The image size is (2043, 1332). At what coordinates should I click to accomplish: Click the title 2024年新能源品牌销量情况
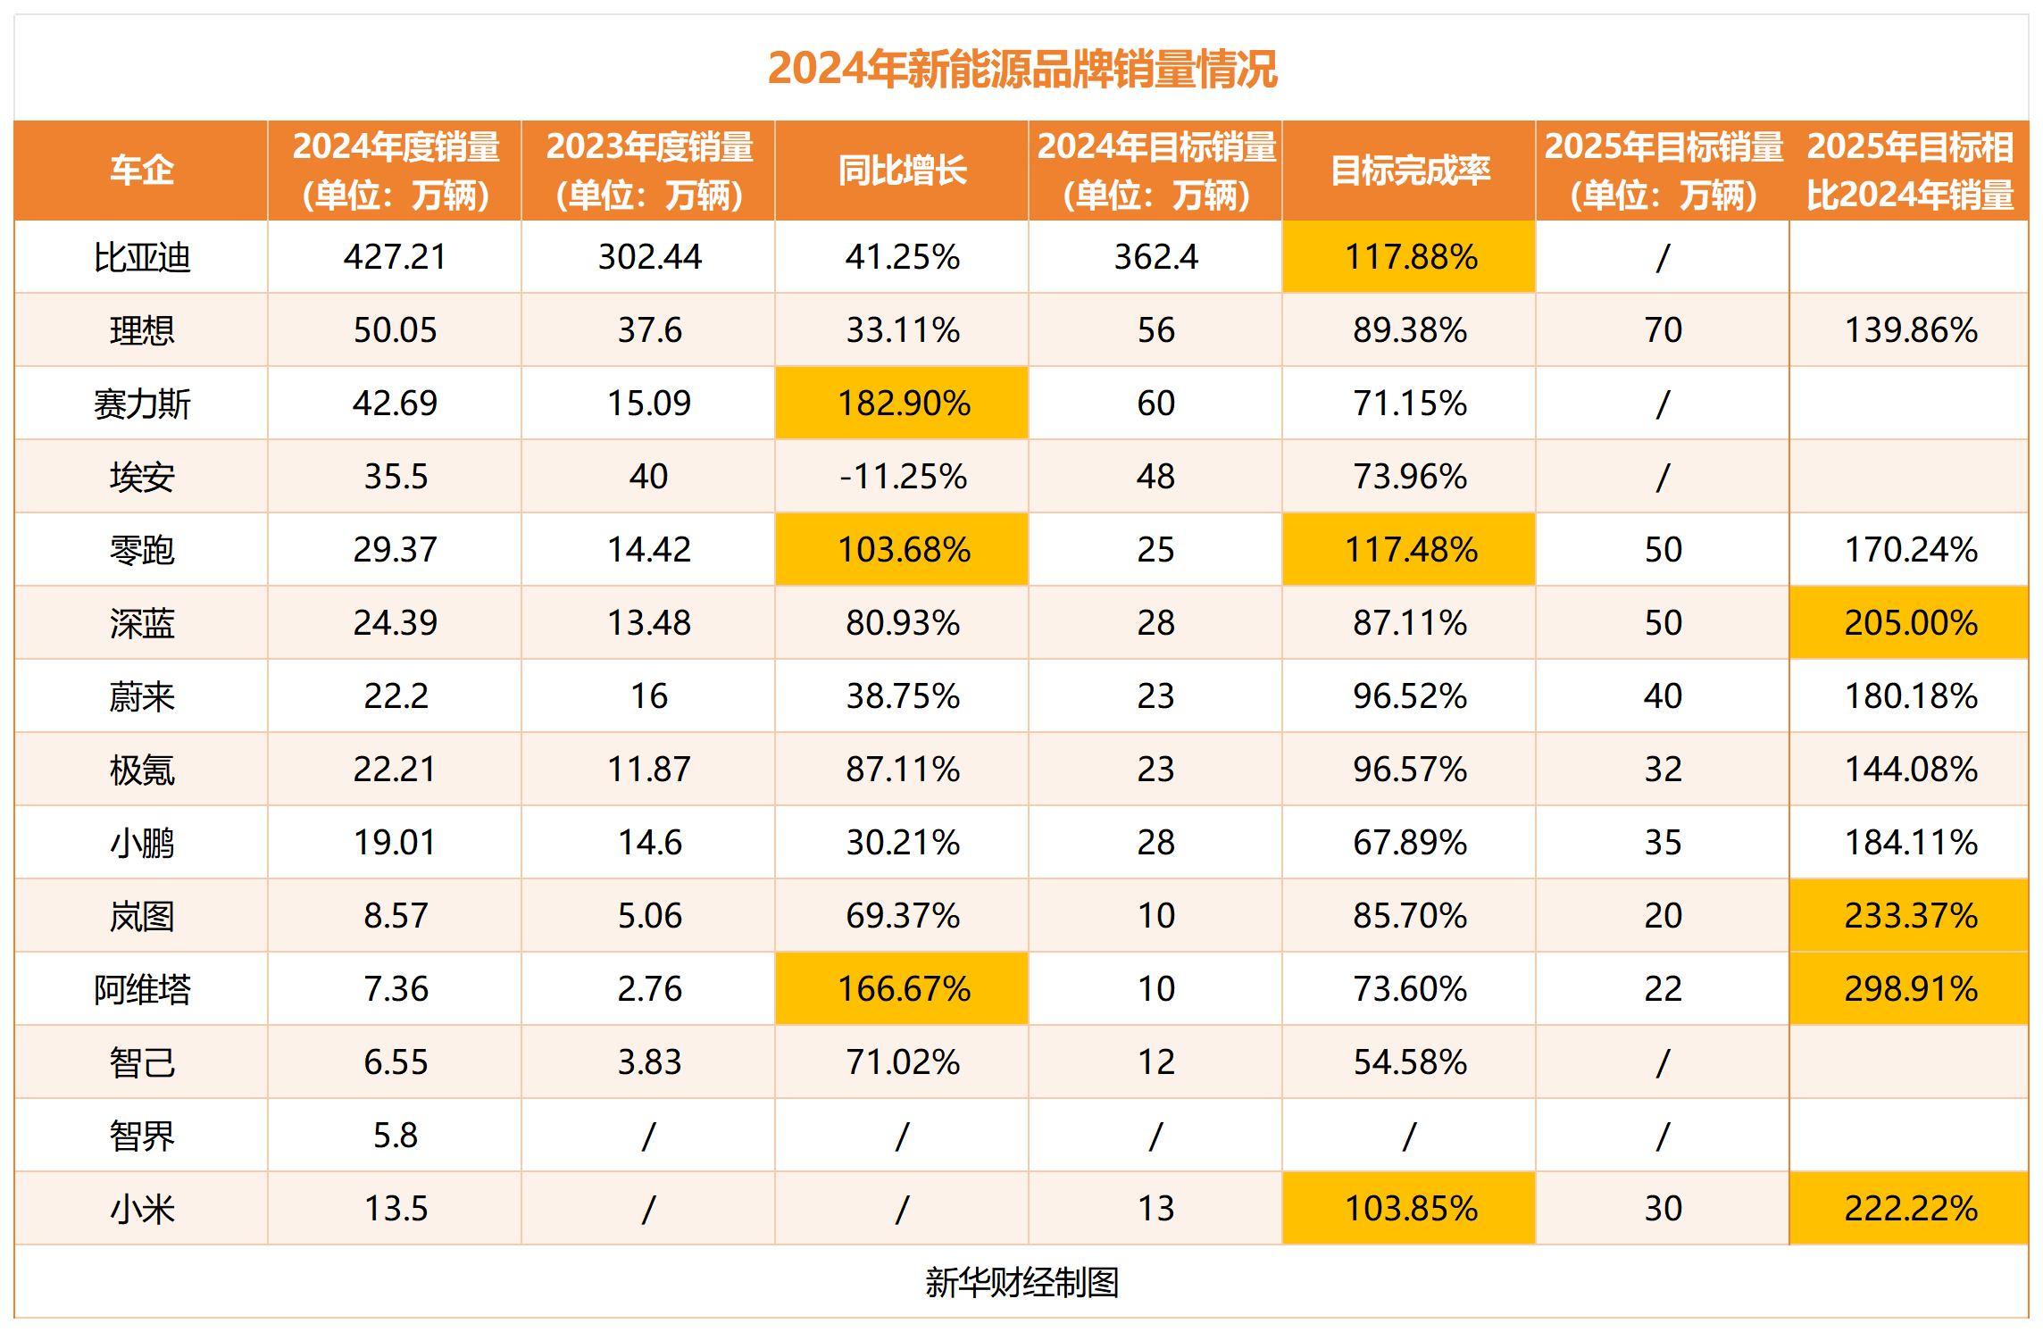point(1021,69)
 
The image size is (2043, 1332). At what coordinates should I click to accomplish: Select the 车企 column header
point(141,171)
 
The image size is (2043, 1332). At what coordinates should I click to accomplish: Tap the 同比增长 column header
point(902,171)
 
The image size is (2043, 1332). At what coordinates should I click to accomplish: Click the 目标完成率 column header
point(1409,171)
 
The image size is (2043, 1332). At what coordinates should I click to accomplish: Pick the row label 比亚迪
point(141,257)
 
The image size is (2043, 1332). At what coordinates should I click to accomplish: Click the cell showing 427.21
point(395,257)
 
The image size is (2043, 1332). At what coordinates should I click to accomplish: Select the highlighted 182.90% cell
point(903,404)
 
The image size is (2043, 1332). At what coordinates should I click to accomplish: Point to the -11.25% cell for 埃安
point(903,477)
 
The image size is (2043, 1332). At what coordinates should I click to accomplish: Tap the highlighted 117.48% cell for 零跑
point(1410,550)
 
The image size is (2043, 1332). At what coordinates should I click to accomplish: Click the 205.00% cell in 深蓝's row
point(1910,623)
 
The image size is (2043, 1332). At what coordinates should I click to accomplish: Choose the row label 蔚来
point(141,696)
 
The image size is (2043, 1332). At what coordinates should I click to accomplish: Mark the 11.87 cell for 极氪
point(649,770)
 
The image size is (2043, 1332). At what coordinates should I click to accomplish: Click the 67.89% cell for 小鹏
point(1410,843)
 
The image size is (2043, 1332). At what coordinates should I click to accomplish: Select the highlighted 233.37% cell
point(1910,916)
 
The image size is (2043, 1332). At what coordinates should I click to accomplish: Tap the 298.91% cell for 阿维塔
point(1910,989)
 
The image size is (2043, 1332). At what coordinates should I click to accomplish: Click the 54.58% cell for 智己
point(1410,1062)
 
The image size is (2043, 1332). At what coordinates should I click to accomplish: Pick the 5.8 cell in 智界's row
point(395,1136)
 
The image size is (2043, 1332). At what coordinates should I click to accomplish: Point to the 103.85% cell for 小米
point(1410,1209)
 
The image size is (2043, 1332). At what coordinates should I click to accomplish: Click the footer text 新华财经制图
point(1021,1282)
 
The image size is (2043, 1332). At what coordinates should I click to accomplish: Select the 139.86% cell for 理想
point(1910,330)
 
